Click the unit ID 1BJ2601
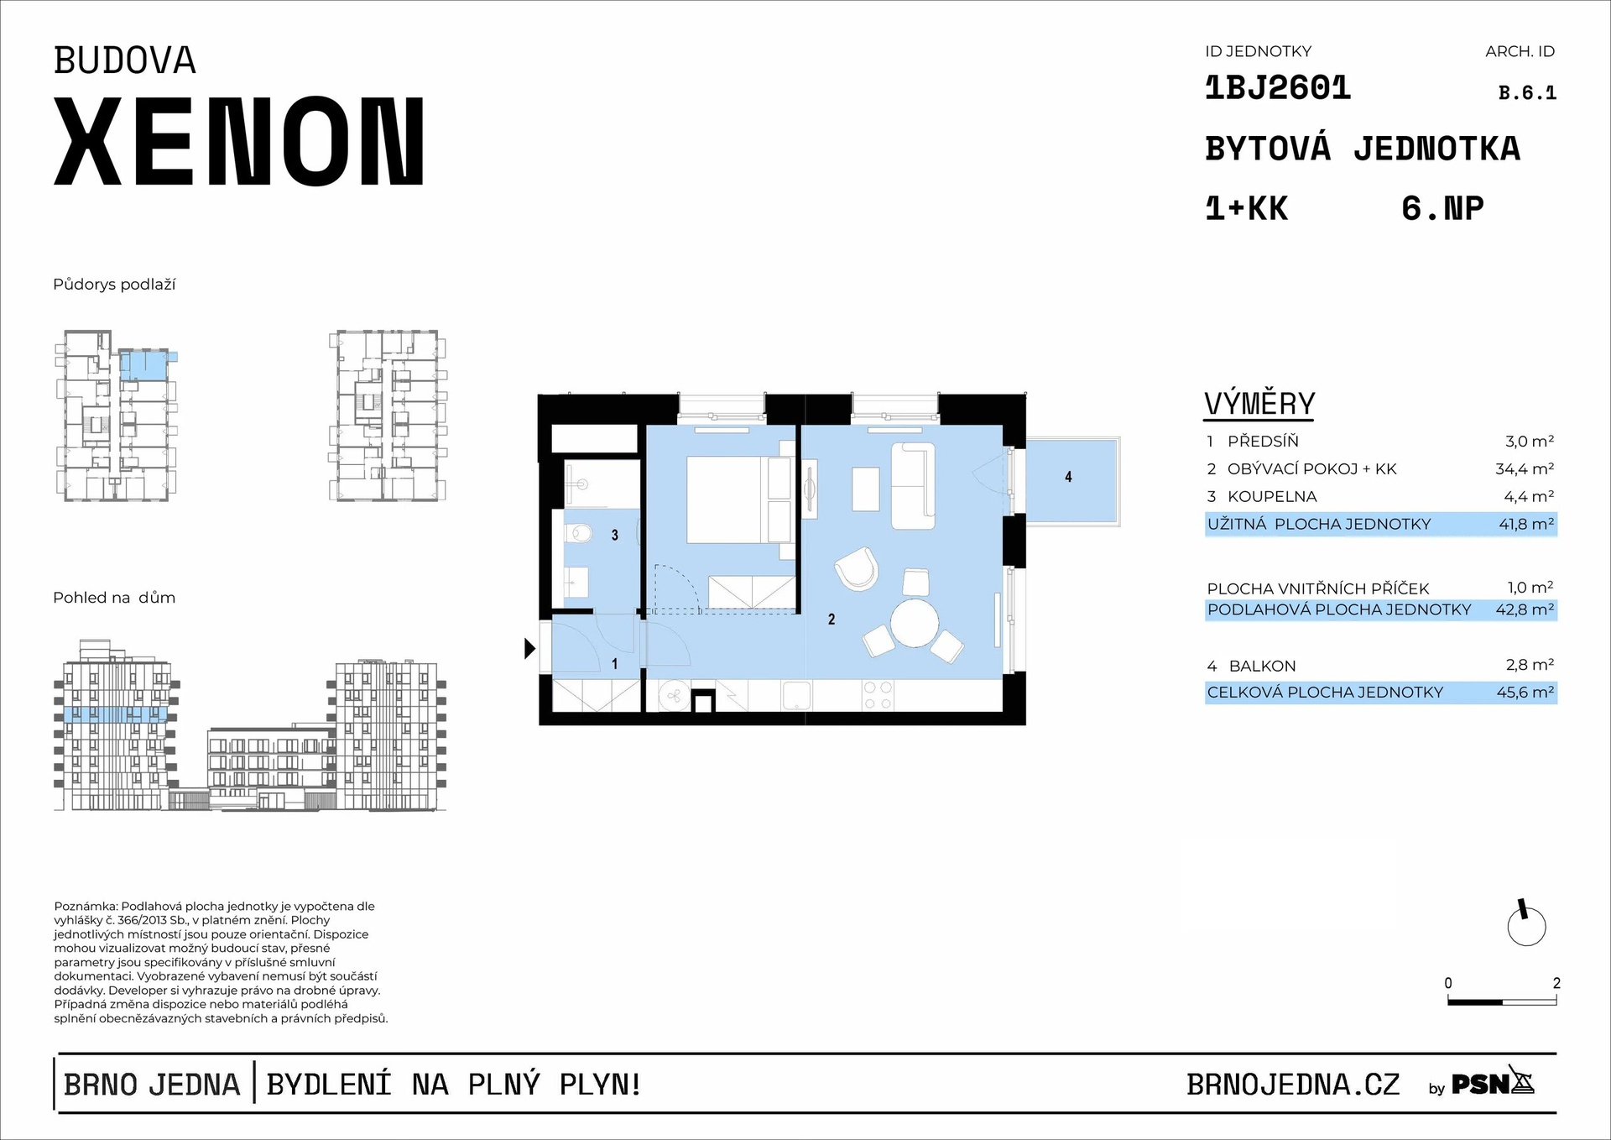coord(1277,88)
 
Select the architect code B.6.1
coord(1527,93)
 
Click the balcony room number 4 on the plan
coord(1068,477)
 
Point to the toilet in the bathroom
coord(578,532)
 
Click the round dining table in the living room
coord(915,622)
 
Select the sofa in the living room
coord(912,486)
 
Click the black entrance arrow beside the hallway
coord(529,648)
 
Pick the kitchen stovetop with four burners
coord(878,695)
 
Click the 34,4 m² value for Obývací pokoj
coord(1524,469)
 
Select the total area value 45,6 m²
coord(1525,693)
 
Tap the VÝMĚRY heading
coord(1259,404)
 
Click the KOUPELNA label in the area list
coord(1272,497)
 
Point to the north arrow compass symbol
coord(1526,926)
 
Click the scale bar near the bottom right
coord(1502,1001)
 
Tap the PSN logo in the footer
coord(1492,1084)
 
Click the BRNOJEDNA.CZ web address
coord(1293,1085)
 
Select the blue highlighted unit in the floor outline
coord(143,366)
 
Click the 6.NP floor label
coord(1442,208)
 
